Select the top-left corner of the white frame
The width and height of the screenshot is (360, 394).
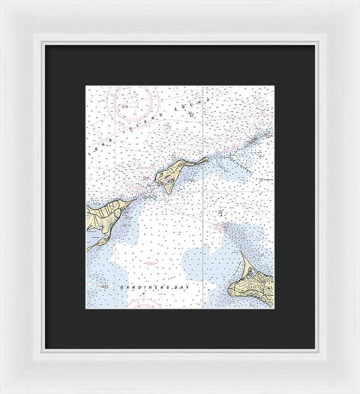point(2,2)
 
